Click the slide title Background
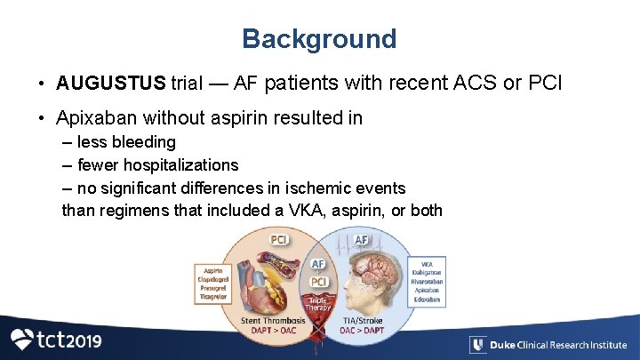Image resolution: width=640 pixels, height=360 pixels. [319, 39]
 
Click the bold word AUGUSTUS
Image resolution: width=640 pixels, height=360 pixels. [110, 84]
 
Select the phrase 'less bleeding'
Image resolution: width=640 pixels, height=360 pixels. [126, 142]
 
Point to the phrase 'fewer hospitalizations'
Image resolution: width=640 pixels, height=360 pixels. [157, 165]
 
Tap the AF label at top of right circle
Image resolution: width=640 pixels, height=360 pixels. [362, 239]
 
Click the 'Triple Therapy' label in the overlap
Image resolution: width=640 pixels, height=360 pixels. [318, 304]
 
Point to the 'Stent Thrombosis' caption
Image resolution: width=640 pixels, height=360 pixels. [273, 320]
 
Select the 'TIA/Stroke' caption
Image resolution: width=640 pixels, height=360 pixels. [361, 320]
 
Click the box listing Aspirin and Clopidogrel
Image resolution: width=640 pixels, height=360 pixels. [213, 284]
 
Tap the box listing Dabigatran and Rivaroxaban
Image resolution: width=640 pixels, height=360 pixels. [426, 282]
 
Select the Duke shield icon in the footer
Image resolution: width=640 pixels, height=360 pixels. [477, 345]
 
